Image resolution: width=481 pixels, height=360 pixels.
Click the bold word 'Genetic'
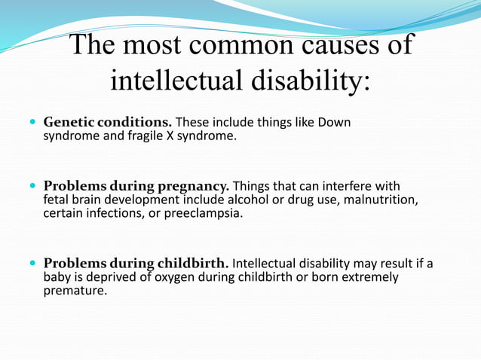coord(67,122)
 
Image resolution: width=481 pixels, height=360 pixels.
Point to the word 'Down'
coord(336,122)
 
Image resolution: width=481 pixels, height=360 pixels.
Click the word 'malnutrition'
coord(381,200)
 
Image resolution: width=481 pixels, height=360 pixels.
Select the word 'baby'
coord(57,277)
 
